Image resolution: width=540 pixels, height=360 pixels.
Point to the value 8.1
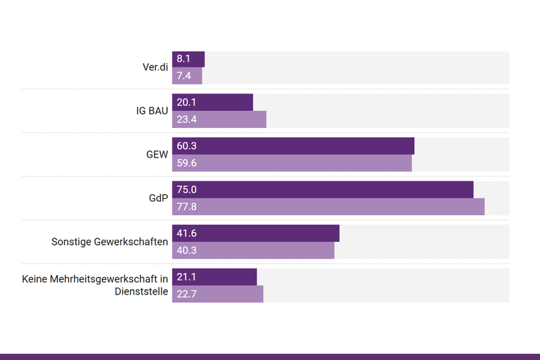(x=184, y=59)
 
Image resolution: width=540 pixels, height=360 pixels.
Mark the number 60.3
(x=187, y=146)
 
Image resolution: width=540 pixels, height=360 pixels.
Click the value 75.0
(x=187, y=189)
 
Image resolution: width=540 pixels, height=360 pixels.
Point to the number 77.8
(x=187, y=207)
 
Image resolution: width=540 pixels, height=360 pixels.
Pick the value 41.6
(x=186, y=233)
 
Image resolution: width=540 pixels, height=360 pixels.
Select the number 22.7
(x=186, y=294)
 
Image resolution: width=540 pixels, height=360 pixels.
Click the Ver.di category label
(x=155, y=67)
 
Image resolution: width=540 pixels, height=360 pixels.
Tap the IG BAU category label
(x=152, y=111)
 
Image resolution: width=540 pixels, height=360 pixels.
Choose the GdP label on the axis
(x=158, y=198)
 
